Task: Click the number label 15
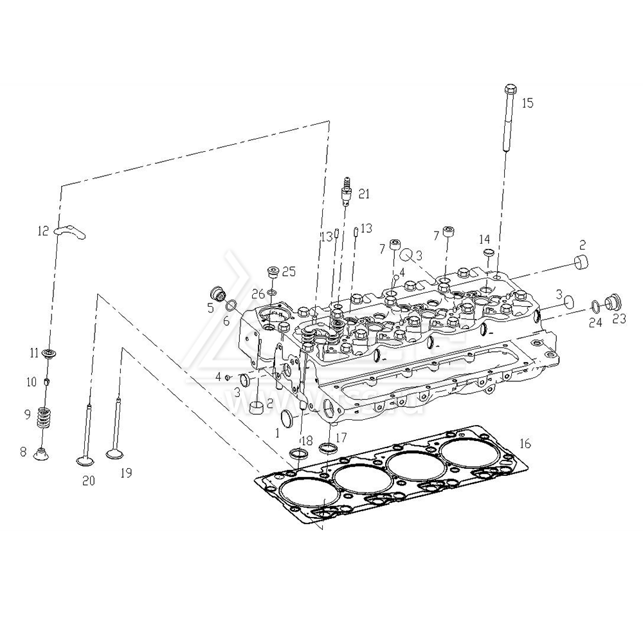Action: point(527,103)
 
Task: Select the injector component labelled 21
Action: point(347,190)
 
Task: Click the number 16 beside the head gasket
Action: point(525,444)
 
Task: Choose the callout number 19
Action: point(126,474)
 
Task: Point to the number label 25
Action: point(289,271)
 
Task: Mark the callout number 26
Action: point(258,294)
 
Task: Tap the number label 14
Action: point(484,239)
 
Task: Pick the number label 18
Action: point(306,440)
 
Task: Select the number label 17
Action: point(340,437)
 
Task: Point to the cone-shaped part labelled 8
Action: point(41,454)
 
